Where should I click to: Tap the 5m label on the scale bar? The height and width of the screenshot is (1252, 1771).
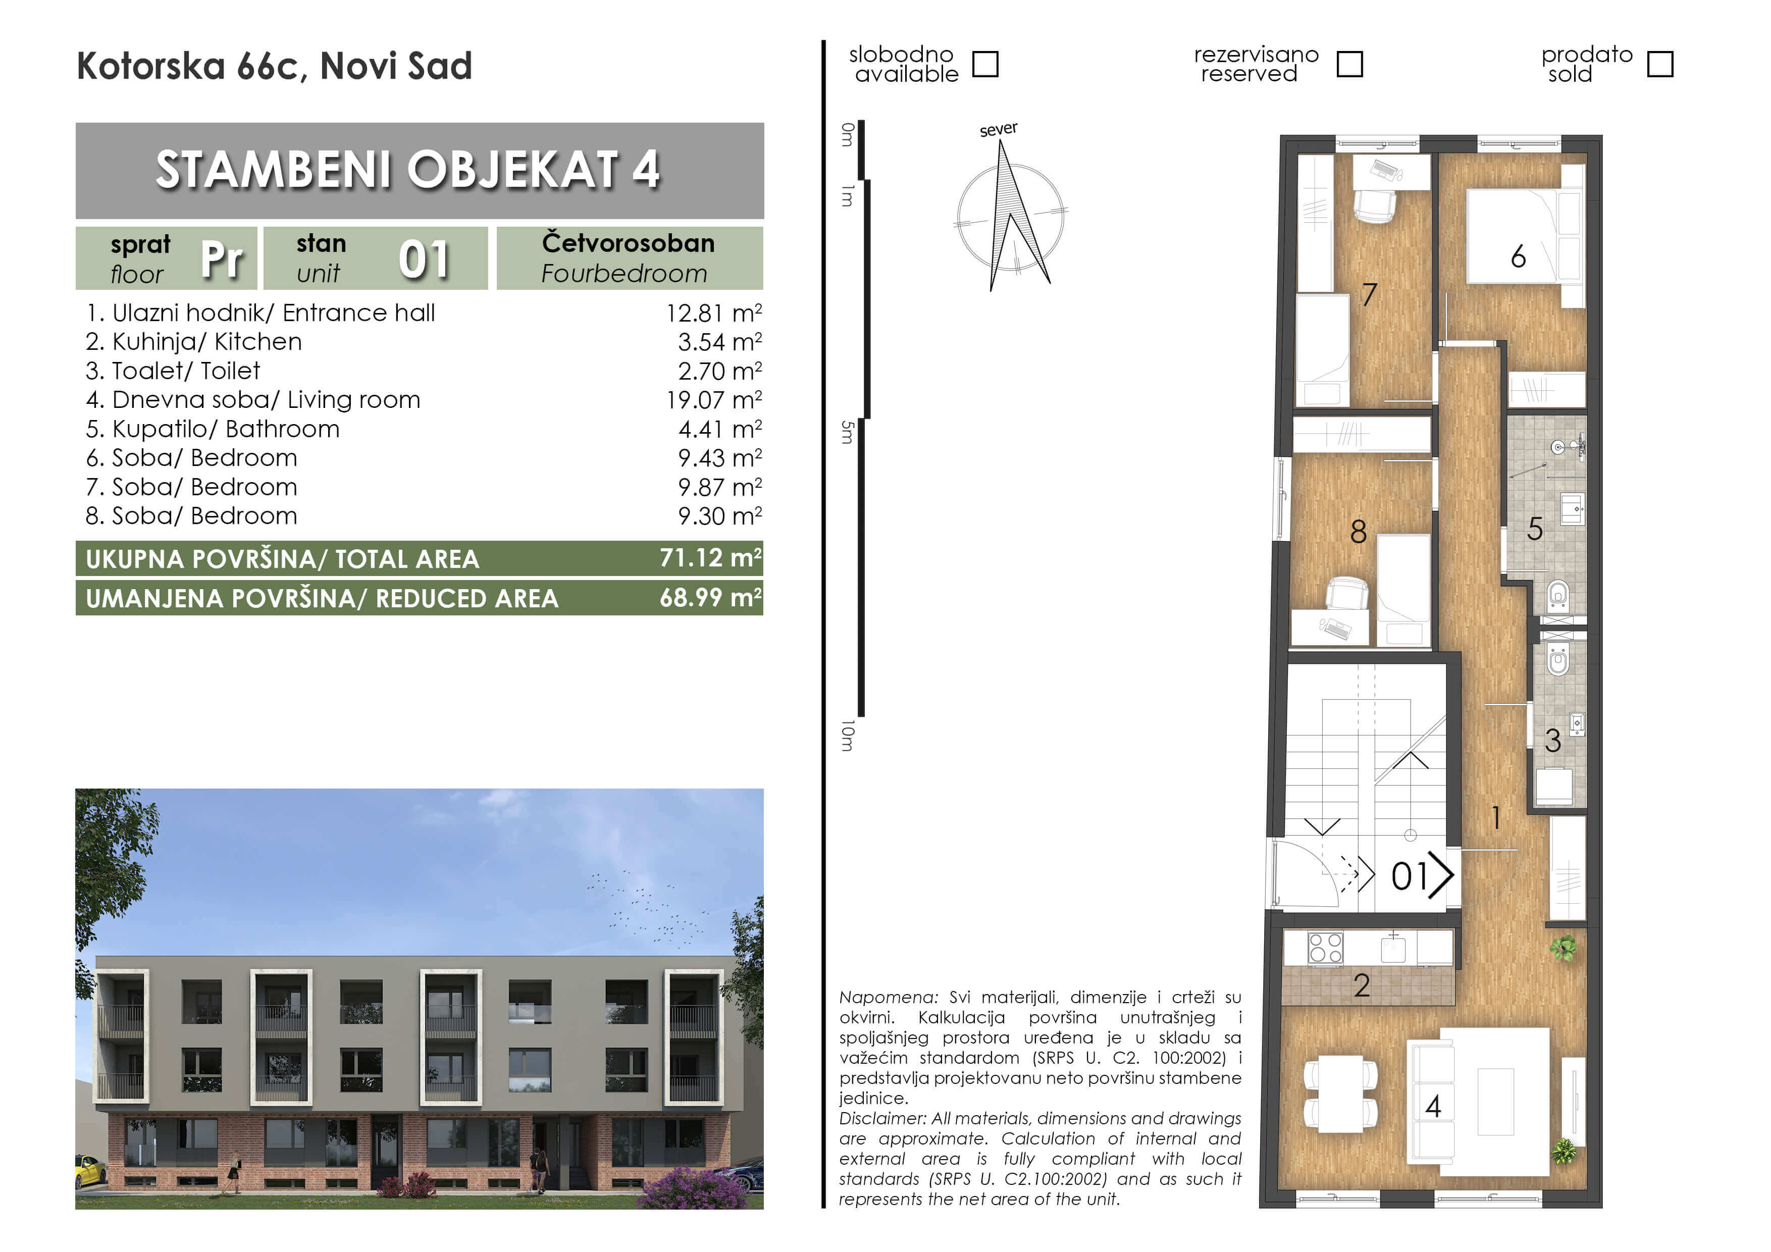pyautogui.click(x=848, y=432)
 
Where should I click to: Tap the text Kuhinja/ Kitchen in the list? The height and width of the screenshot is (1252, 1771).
pyautogui.click(x=206, y=342)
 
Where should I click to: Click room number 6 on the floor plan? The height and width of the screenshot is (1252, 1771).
pyautogui.click(x=1518, y=256)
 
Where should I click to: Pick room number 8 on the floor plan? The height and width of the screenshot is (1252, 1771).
pyautogui.click(x=1359, y=532)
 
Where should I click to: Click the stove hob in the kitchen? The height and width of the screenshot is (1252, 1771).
pyautogui.click(x=1326, y=948)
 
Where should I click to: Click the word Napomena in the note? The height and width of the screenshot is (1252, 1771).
pyautogui.click(x=889, y=998)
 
